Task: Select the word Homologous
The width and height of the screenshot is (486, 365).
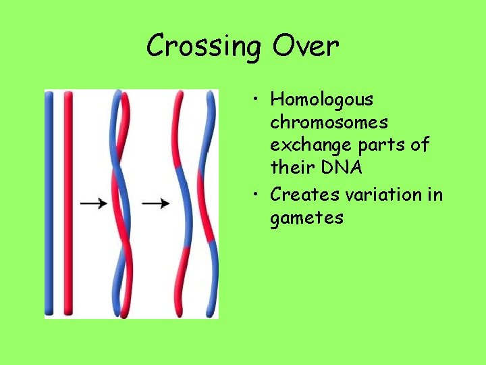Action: click(321, 100)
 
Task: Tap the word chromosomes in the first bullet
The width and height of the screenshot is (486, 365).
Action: click(329, 123)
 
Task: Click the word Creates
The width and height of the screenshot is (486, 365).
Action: click(306, 195)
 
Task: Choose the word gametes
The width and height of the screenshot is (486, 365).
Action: click(306, 218)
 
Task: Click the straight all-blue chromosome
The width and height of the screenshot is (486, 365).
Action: click(49, 203)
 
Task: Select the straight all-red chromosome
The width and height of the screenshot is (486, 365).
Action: click(67, 203)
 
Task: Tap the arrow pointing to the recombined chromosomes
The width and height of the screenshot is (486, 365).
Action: click(156, 203)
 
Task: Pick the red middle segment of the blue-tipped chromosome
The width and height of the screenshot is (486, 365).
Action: click(207, 203)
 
